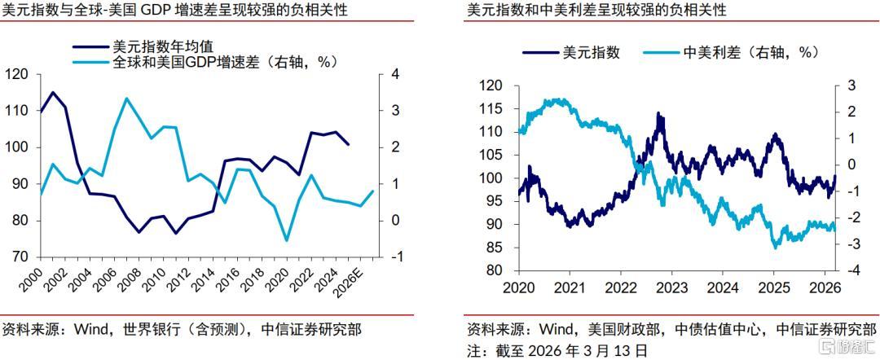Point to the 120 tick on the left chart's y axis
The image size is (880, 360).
18,75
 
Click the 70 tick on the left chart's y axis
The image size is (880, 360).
21,257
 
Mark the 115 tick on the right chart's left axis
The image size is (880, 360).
491,109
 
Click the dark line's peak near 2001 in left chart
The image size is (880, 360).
53,92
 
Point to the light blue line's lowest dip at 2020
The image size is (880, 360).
287,240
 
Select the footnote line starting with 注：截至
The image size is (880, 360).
557,351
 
